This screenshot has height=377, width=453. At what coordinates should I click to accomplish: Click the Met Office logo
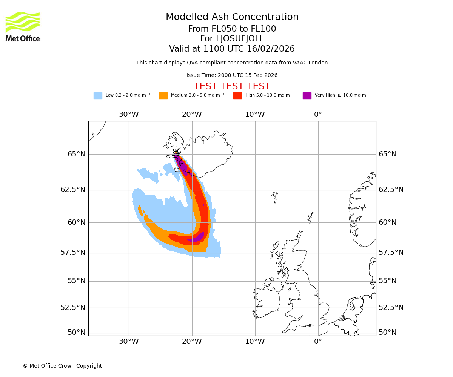pyautogui.click(x=23, y=26)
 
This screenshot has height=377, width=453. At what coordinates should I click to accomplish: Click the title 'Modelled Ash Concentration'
pyautogui.click(x=232, y=17)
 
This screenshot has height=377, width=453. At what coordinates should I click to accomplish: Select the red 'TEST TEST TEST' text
pyautogui.click(x=232, y=86)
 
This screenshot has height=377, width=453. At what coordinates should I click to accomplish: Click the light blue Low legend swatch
pyautogui.click(x=98, y=96)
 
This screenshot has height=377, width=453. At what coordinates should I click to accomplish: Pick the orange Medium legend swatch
pyautogui.click(x=163, y=96)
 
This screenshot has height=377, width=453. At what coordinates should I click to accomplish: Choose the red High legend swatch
pyautogui.click(x=237, y=96)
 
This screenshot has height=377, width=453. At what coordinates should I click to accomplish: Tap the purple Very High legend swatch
pyautogui.click(x=307, y=96)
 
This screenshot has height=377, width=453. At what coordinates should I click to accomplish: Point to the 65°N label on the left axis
pyautogui.click(x=77, y=154)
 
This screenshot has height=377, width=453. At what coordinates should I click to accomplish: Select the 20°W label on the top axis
pyautogui.click(x=192, y=115)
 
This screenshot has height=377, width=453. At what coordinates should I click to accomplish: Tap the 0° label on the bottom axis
pyautogui.click(x=318, y=342)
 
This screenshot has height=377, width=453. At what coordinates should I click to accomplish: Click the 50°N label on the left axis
pyautogui.click(x=77, y=333)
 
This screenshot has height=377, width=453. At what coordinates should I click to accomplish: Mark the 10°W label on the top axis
pyautogui.click(x=255, y=115)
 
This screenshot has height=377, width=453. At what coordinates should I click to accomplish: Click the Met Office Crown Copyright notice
pyautogui.click(x=62, y=366)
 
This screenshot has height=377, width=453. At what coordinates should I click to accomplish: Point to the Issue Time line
pyautogui.click(x=232, y=75)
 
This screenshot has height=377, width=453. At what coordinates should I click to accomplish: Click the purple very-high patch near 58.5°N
pyautogui.click(x=196, y=238)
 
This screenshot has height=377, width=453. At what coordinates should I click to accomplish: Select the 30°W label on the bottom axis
pyautogui.click(x=129, y=342)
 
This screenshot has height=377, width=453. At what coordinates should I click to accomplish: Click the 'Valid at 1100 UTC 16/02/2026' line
pyautogui.click(x=232, y=49)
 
